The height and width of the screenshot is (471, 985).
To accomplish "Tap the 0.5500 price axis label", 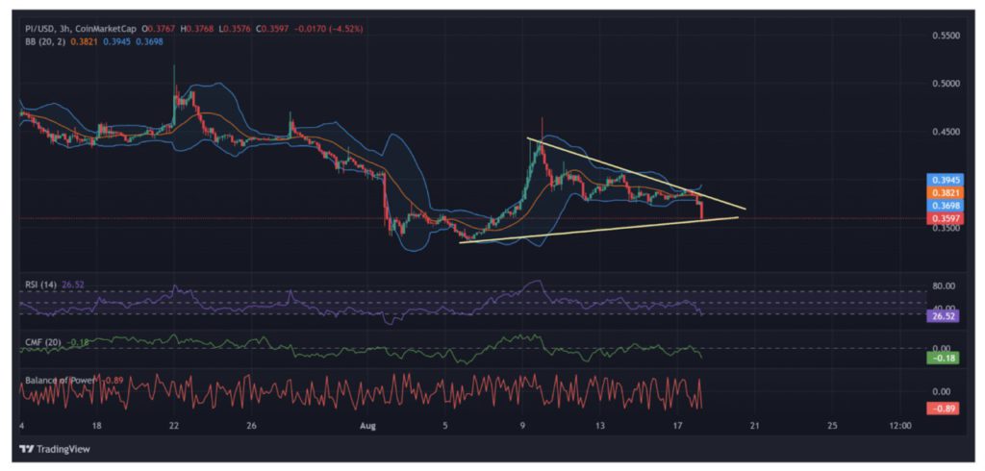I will pyautogui.click(x=947, y=35).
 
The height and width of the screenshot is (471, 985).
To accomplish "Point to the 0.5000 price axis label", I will pyautogui.click(x=947, y=84).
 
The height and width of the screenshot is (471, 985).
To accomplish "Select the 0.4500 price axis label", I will pyautogui.click(x=947, y=132).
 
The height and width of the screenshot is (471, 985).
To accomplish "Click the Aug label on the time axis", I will pyautogui.click(x=366, y=424).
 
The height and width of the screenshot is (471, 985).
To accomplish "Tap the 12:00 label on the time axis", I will pyautogui.click(x=899, y=424).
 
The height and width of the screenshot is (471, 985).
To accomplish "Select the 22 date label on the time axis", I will pyautogui.click(x=173, y=424).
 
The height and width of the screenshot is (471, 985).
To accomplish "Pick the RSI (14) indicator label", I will pyautogui.click(x=39, y=284).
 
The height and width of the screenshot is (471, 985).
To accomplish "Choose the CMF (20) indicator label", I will pyautogui.click(x=41, y=341).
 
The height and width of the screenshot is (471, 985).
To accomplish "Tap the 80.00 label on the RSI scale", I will pyautogui.click(x=945, y=285).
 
